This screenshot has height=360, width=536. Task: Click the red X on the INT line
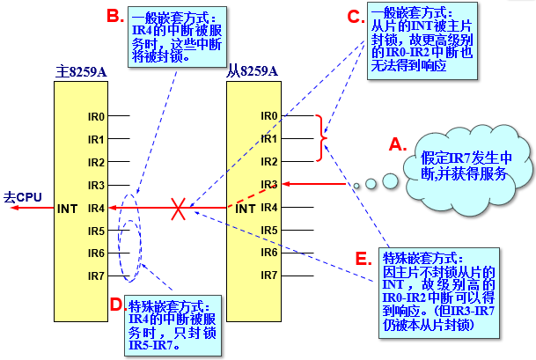(x=179, y=209)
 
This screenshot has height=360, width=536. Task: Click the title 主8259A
(x=79, y=71)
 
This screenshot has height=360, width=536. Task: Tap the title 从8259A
(x=252, y=71)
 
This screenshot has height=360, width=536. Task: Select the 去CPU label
(x=21, y=197)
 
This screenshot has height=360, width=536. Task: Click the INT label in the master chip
(x=69, y=209)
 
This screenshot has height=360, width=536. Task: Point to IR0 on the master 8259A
(x=96, y=116)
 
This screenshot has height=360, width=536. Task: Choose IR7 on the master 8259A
(x=96, y=276)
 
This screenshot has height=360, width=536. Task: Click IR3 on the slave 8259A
(x=269, y=185)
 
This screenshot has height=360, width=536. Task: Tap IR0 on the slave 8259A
(x=269, y=116)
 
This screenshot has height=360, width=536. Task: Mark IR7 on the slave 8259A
(x=269, y=276)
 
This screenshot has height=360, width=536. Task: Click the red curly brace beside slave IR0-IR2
(x=322, y=139)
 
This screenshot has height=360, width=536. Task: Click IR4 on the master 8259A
(x=96, y=208)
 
